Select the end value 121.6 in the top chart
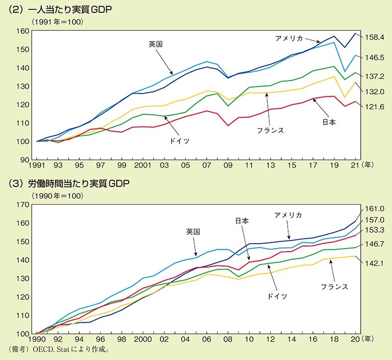click(376, 107)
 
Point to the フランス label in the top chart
click(271, 130)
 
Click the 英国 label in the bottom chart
click(193, 232)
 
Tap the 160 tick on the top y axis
click(21, 31)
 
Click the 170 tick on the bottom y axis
click(21, 205)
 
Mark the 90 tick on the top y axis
click(23, 160)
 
